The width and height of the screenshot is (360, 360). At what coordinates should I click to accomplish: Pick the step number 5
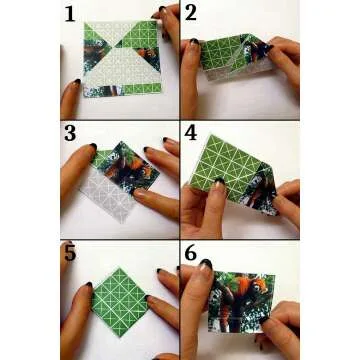(70, 253)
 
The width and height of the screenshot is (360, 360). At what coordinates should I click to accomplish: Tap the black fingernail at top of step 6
(205, 266)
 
